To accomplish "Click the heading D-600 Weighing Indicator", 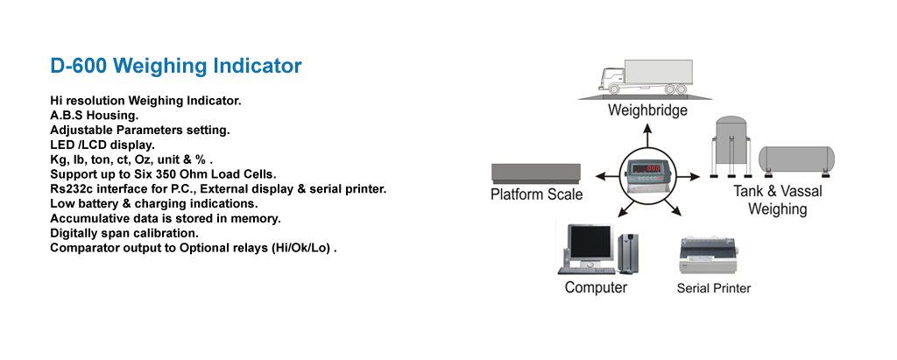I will [176, 66].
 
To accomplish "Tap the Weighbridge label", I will [647, 111].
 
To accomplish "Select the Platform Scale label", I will [536, 194].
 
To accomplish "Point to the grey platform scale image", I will [536, 172].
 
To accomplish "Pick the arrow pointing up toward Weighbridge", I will [648, 135].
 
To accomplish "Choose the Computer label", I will [596, 288].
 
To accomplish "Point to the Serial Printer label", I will [713, 288].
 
